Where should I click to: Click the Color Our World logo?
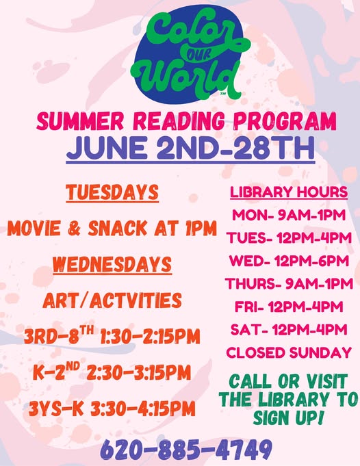pyautogui.click(x=190, y=54)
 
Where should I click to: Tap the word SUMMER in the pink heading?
pyautogui.click(x=79, y=120)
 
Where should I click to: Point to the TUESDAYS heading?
pyautogui.click(x=112, y=192)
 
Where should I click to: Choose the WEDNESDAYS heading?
pyautogui.click(x=112, y=264)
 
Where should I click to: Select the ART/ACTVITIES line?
pyautogui.click(x=112, y=300)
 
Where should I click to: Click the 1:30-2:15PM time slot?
pyautogui.click(x=150, y=337)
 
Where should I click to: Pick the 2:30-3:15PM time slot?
pyautogui.click(x=138, y=372)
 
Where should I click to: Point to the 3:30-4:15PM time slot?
pyautogui.click(x=142, y=409)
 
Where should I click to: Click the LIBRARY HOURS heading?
pyautogui.click(x=289, y=192)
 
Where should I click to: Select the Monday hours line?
pyautogui.click(x=289, y=215)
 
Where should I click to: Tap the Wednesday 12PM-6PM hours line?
pyautogui.click(x=289, y=261)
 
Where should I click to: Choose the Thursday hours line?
pyautogui.click(x=289, y=283)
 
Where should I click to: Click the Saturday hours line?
pyautogui.click(x=289, y=330)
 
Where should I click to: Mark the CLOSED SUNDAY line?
pyautogui.click(x=289, y=352)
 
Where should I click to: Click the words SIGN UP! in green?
pyautogui.click(x=287, y=417)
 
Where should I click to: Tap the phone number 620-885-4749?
pyautogui.click(x=186, y=450)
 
